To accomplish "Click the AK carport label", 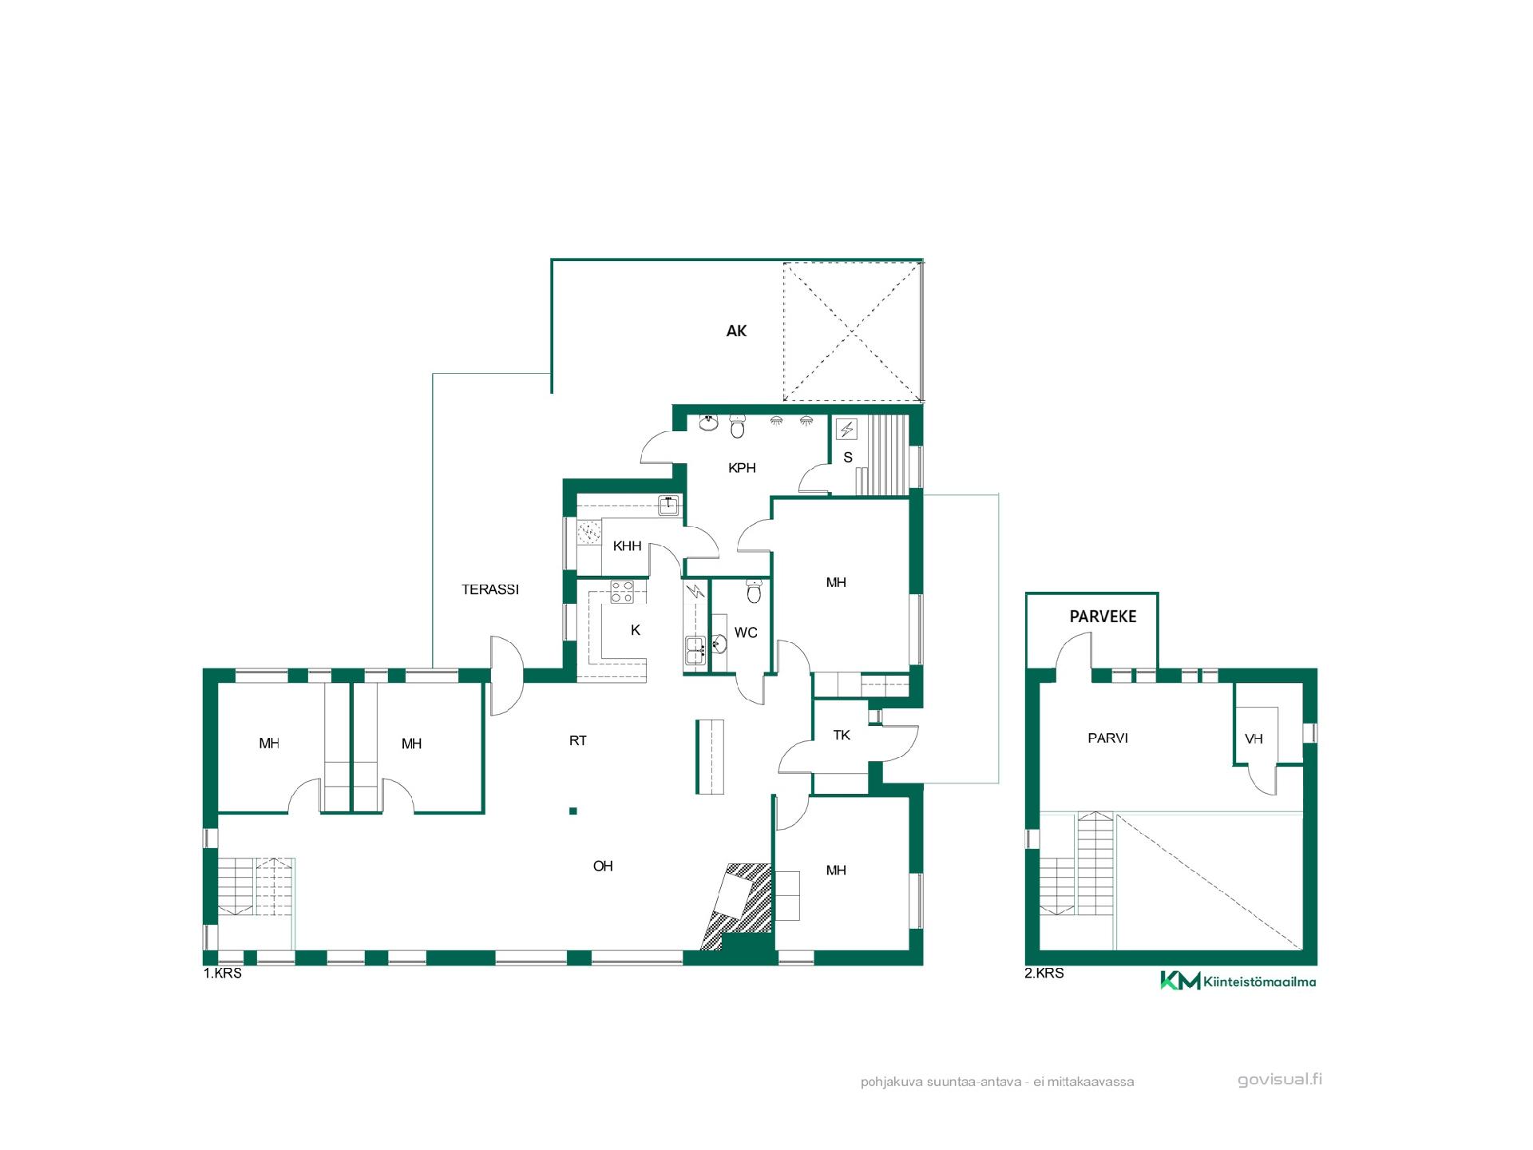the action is click(x=736, y=331).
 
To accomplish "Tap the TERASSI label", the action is click(x=490, y=589).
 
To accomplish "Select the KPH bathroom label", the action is click(x=742, y=468).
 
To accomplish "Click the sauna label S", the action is click(x=848, y=458).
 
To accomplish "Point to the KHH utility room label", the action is click(x=627, y=546).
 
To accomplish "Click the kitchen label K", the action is click(x=636, y=630).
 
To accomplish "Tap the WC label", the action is click(x=746, y=632).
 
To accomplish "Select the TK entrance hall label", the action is click(x=842, y=735).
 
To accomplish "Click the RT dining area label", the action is click(x=578, y=740).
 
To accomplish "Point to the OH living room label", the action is click(x=603, y=866).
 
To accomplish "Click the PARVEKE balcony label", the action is click(x=1103, y=617).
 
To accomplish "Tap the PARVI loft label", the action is click(x=1107, y=738).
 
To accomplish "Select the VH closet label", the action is click(x=1254, y=739).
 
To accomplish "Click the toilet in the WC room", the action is click(x=754, y=592).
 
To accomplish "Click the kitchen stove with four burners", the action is click(x=622, y=592).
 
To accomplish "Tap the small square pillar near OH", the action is click(x=573, y=811).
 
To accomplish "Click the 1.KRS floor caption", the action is click(x=223, y=974).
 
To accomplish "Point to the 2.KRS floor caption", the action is click(x=1044, y=974).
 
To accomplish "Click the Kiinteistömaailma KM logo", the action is click(x=1238, y=981).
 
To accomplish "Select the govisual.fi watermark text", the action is click(x=1280, y=1080).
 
